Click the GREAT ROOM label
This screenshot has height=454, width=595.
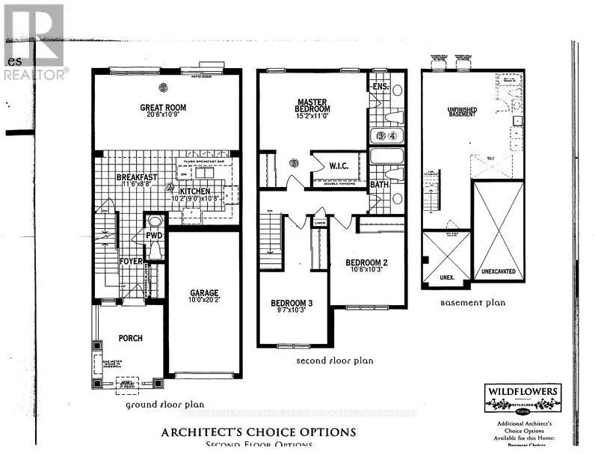(x=163, y=108)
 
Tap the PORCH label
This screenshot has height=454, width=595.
(x=129, y=338)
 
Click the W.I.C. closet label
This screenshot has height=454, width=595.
(x=330, y=167)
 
